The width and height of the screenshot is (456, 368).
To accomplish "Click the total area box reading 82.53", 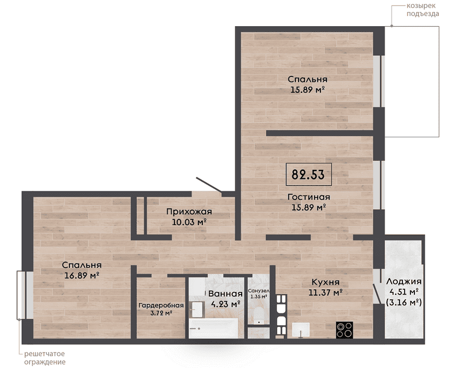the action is [x=308, y=174].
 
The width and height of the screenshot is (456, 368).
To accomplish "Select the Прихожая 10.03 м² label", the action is [x=189, y=217].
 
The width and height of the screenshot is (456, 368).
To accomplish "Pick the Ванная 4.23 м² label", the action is [x=225, y=299].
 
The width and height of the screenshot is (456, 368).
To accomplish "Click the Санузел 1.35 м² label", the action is [x=259, y=293].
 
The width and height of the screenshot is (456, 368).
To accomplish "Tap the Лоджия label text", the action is [x=404, y=281].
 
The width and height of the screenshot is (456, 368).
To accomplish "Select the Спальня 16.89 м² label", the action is [x=82, y=270].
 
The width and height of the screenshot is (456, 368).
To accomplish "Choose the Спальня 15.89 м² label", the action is [x=307, y=84].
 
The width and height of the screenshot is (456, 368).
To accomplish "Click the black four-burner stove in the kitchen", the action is [x=344, y=330].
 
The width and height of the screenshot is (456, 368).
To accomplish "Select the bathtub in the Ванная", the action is [x=214, y=329].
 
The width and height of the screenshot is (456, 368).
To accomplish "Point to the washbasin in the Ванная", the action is [x=197, y=309].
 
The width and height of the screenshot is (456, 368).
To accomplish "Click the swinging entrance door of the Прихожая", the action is [x=209, y=185].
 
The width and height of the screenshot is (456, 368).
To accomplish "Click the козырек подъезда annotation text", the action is [x=422, y=10].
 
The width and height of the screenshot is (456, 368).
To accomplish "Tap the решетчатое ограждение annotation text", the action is [x=45, y=358].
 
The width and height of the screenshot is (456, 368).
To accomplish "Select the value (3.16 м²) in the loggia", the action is [x=404, y=302].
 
